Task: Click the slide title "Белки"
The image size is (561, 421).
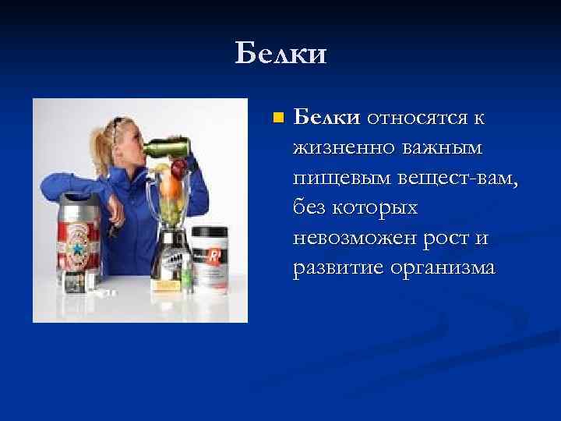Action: click(281, 54)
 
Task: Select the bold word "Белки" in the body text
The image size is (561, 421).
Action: click(326, 118)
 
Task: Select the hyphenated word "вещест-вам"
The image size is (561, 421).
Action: click(452, 178)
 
